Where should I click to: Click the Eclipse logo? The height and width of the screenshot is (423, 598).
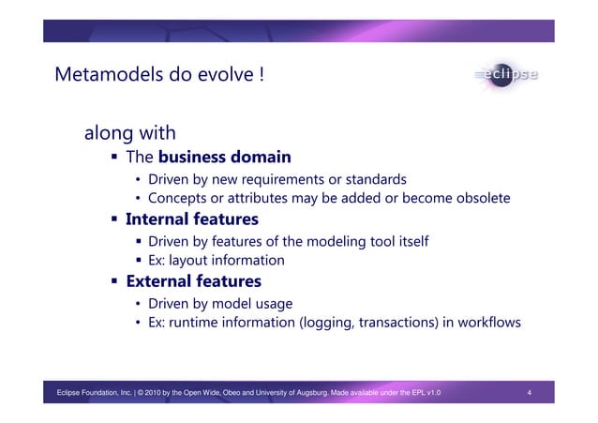click(x=506, y=74)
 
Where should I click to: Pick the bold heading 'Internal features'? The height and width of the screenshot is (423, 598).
click(x=191, y=219)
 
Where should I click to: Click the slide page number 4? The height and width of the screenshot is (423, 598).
click(x=530, y=392)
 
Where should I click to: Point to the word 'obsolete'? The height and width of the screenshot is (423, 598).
click(x=478, y=199)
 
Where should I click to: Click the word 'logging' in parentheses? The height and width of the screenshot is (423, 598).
click(x=323, y=324)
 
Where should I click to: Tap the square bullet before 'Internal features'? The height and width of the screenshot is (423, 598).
click(x=115, y=220)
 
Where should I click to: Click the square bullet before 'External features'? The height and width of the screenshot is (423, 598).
click(x=115, y=282)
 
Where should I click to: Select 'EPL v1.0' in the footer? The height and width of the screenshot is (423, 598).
click(x=423, y=392)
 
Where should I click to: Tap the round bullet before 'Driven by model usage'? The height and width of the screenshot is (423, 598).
click(x=137, y=304)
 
